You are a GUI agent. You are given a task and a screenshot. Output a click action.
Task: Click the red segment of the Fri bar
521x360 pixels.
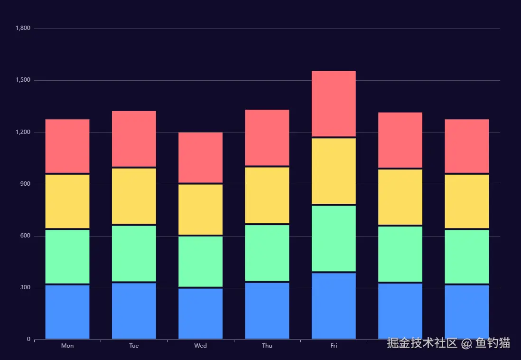click(334, 103)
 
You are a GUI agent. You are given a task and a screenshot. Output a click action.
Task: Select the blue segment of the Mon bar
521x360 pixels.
click(67, 312)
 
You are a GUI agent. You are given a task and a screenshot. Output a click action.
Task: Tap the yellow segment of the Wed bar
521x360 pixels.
click(200, 209)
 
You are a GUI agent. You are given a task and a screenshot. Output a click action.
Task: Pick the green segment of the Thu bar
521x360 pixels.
click(267, 253)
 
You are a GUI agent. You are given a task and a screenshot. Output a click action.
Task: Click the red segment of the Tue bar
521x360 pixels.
click(134, 138)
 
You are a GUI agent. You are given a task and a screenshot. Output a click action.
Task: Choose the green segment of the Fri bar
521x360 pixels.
click(334, 238)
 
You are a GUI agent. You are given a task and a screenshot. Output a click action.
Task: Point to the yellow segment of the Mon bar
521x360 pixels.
click(67, 201)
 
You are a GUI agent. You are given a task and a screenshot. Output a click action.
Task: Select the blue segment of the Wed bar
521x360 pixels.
click(200, 313)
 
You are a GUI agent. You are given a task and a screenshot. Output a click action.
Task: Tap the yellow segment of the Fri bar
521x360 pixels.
click(334, 171)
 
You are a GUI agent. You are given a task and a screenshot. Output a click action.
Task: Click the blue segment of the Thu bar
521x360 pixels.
click(267, 311)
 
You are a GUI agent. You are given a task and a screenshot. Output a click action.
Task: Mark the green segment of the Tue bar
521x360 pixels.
click(134, 253)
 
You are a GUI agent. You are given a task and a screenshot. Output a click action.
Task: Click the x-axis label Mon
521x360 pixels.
click(67, 346)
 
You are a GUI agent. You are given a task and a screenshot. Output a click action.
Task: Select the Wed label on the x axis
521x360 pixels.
click(200, 346)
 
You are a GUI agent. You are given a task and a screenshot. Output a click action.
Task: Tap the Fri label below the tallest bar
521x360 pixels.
click(334, 346)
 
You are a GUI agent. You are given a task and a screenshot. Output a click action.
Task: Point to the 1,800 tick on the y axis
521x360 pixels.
click(23, 28)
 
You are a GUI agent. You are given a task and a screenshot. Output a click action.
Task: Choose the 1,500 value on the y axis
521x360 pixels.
click(23, 80)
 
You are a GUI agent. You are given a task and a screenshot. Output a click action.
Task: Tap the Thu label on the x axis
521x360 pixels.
click(267, 346)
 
